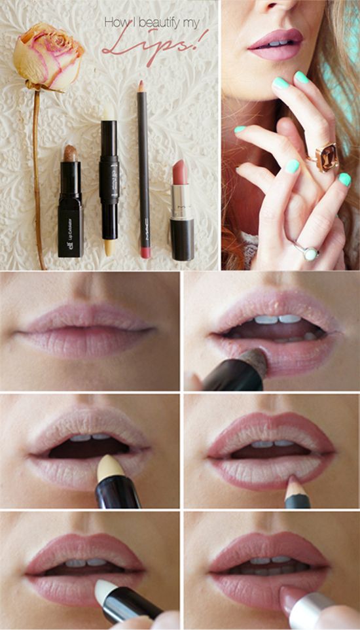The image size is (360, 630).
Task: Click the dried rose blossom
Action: [x=47, y=56]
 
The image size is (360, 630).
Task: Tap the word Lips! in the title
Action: [x=154, y=47]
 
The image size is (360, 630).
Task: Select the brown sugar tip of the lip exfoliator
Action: [x=71, y=154]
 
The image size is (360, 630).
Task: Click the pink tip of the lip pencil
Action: [x=141, y=86]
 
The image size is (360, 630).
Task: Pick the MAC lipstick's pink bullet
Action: [x=180, y=172]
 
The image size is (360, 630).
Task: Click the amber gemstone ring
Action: [x=325, y=156]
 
